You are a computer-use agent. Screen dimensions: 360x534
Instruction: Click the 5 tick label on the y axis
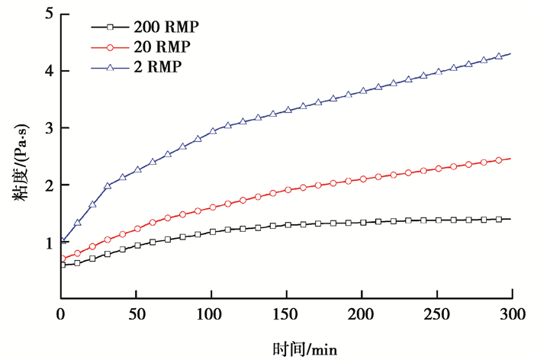(49, 14)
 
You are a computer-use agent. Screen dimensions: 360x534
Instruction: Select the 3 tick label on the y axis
(49, 128)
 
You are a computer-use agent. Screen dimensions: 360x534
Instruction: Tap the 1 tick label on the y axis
(49, 243)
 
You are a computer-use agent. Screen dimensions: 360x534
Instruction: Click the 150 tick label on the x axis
(286, 314)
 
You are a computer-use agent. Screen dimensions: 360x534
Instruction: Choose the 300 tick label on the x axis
(512, 314)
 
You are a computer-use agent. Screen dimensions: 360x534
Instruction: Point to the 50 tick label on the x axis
(136, 314)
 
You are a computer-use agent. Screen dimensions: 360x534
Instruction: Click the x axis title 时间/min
(304, 349)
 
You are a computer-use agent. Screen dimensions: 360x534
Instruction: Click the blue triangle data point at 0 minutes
(62, 241)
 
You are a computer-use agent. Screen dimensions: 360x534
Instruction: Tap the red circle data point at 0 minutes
(62, 259)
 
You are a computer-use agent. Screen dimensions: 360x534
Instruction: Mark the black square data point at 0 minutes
(62, 265)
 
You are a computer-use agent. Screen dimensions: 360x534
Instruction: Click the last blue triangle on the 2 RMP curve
(499, 56)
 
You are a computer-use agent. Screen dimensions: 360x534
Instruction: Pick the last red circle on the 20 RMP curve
(499, 160)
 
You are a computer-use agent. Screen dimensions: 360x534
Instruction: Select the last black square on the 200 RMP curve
(499, 219)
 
